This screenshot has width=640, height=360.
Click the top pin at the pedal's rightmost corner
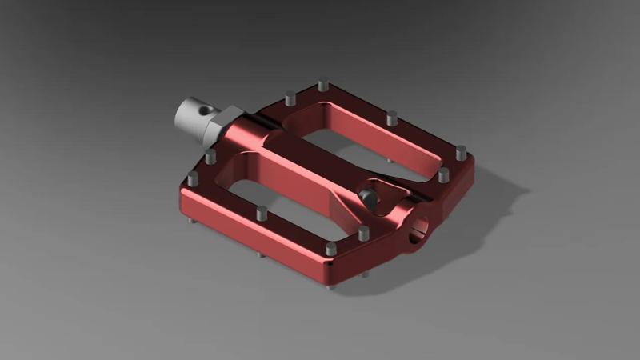click(x=461, y=151)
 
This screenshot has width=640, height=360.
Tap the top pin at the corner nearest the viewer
click(x=330, y=250)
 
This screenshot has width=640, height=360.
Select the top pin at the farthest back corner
click(x=322, y=84)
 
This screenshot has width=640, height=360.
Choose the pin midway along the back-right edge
click(x=391, y=118)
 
